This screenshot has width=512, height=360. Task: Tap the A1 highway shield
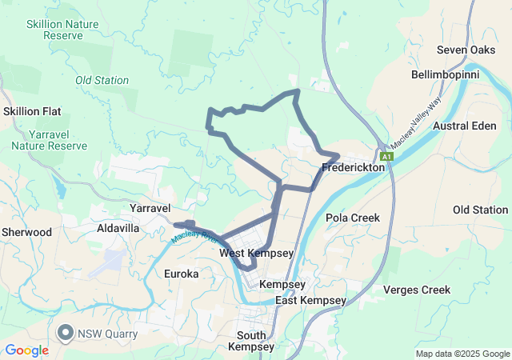387,157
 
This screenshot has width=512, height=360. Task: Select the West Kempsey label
256,253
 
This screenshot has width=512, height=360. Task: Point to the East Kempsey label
310,300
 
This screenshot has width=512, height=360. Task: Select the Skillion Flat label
33,111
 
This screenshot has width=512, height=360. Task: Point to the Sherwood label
26,232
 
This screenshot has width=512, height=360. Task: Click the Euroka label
180,274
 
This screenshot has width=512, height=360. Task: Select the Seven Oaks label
466,50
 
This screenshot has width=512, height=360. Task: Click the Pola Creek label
353,218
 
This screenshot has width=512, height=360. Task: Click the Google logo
27,350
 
